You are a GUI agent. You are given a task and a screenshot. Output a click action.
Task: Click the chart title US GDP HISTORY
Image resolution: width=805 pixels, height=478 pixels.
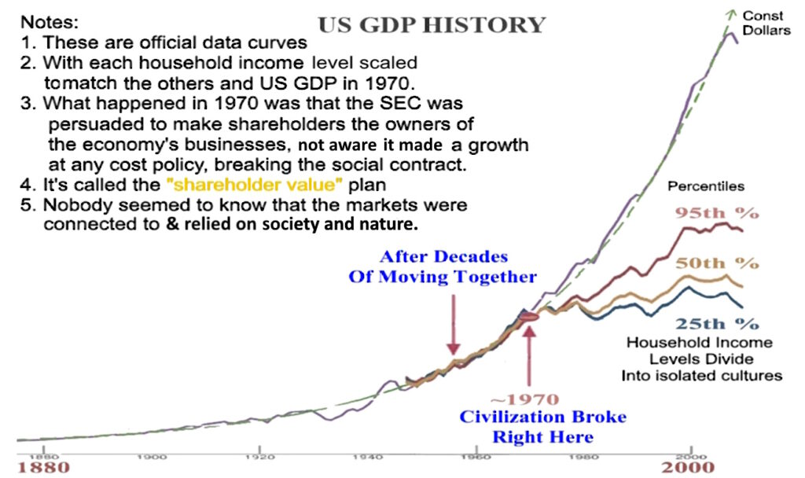pos(431,24)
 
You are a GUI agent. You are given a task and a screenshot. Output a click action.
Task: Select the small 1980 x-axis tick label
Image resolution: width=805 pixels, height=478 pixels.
pos(583,456)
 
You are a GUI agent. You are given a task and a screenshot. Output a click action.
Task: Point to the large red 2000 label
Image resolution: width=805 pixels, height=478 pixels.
pos(688,468)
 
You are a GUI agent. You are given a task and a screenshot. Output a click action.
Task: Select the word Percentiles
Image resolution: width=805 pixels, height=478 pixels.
pos(705,187)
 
